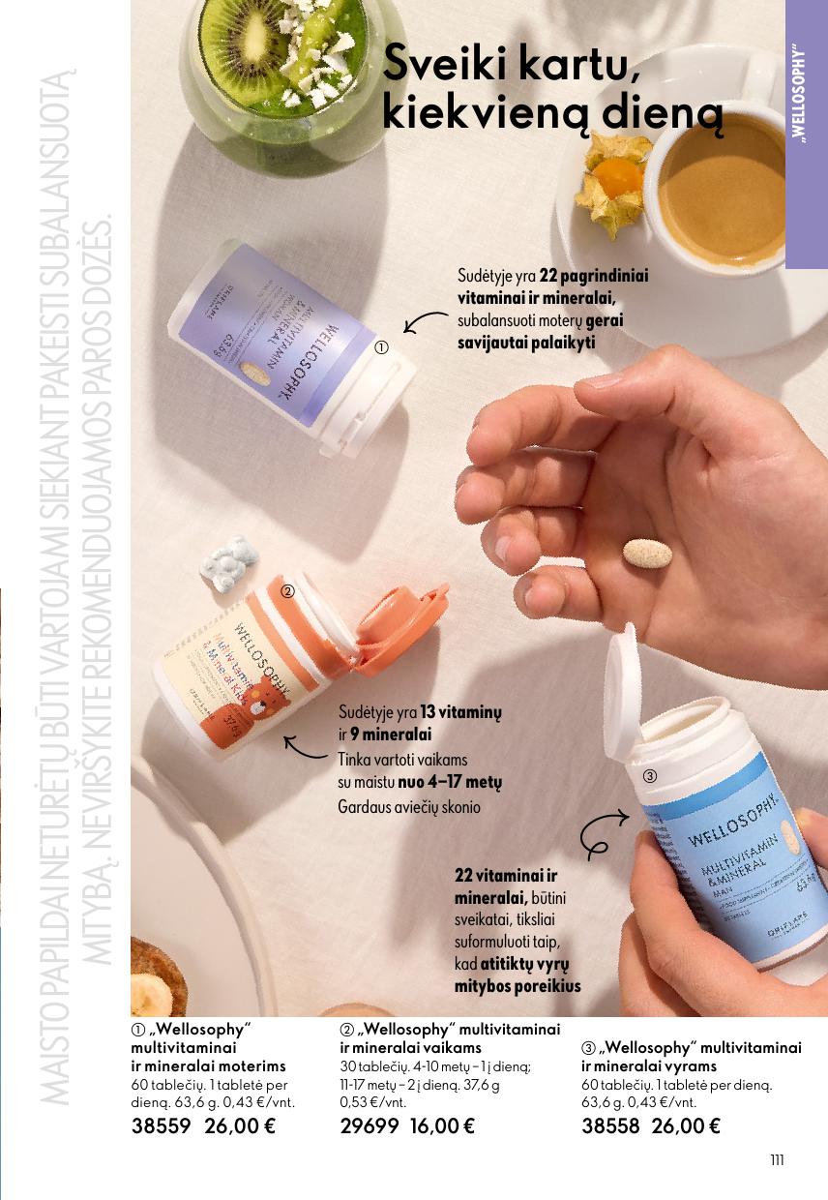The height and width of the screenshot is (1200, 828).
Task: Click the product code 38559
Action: [x=163, y=1125]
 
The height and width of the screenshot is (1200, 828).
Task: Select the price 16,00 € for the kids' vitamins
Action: [x=442, y=1125]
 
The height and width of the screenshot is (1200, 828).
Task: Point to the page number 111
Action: [x=777, y=1161]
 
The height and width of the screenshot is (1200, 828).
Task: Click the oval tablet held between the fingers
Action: [x=647, y=555]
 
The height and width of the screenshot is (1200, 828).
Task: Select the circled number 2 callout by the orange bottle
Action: [x=286, y=589]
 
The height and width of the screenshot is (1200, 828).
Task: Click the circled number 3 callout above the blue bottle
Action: [x=650, y=776]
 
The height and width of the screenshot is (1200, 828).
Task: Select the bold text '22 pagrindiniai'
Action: [x=593, y=276]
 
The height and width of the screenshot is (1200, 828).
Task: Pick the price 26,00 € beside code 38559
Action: [x=240, y=1125]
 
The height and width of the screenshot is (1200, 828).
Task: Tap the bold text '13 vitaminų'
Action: [x=459, y=712]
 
